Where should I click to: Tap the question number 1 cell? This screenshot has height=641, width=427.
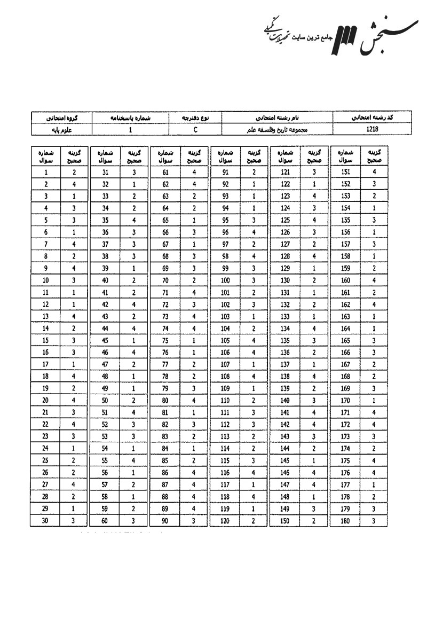(x=46, y=173)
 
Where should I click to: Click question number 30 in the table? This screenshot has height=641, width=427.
(x=46, y=520)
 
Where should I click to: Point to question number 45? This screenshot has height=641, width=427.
(x=106, y=340)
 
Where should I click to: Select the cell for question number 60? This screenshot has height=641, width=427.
(x=106, y=520)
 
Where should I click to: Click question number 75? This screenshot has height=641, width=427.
(x=165, y=340)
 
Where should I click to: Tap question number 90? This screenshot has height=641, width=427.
(x=165, y=520)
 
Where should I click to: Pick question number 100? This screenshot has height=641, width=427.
(x=225, y=280)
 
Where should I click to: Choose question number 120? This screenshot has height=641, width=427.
(x=225, y=520)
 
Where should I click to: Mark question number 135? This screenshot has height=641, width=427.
(x=285, y=340)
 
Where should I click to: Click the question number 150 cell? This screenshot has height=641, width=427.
(x=285, y=520)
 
